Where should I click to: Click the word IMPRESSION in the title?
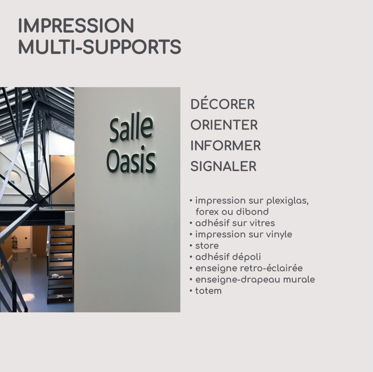tap(76, 26)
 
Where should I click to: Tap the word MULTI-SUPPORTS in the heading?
tap(100, 47)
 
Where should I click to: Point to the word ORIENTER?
tap(224, 125)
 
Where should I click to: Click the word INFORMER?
tap(225, 146)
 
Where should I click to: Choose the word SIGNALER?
tap(223, 166)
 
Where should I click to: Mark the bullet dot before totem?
tap(191, 291)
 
